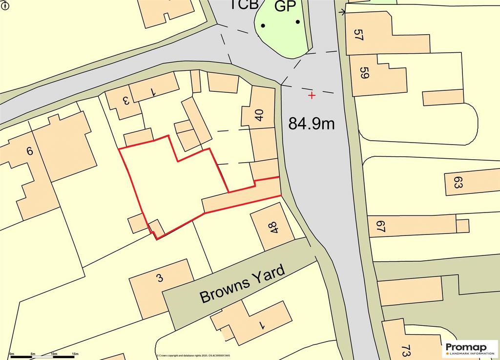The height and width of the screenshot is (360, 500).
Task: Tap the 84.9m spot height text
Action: (312, 124)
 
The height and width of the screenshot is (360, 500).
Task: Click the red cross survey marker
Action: (312, 95)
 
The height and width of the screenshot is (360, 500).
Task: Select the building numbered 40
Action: (259, 115)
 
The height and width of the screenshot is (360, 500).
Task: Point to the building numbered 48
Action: (272, 228)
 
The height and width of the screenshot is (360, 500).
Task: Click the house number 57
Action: (359, 35)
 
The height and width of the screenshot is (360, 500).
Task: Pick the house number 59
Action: (364, 73)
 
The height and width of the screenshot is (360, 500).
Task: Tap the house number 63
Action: (458, 183)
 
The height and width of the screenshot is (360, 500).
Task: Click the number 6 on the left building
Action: (29, 151)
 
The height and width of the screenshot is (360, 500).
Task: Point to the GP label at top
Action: (286, 6)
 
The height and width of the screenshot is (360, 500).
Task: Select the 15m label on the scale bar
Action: (76, 353)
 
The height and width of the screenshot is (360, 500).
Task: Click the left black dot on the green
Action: (263, 25)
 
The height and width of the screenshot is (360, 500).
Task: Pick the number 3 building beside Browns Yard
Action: (159, 278)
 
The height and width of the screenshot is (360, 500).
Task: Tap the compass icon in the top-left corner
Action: (4, 4)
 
